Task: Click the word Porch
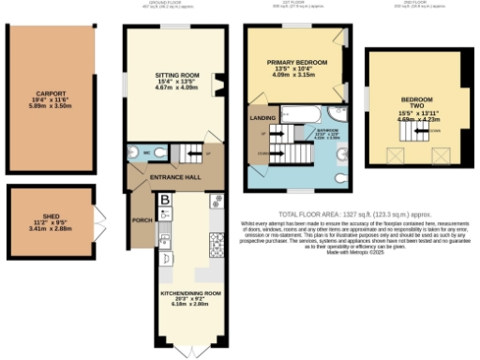(x=142, y=222)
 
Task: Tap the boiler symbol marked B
(x=165, y=200)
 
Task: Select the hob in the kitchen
(x=215, y=246)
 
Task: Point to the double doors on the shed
(x=97, y=225)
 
